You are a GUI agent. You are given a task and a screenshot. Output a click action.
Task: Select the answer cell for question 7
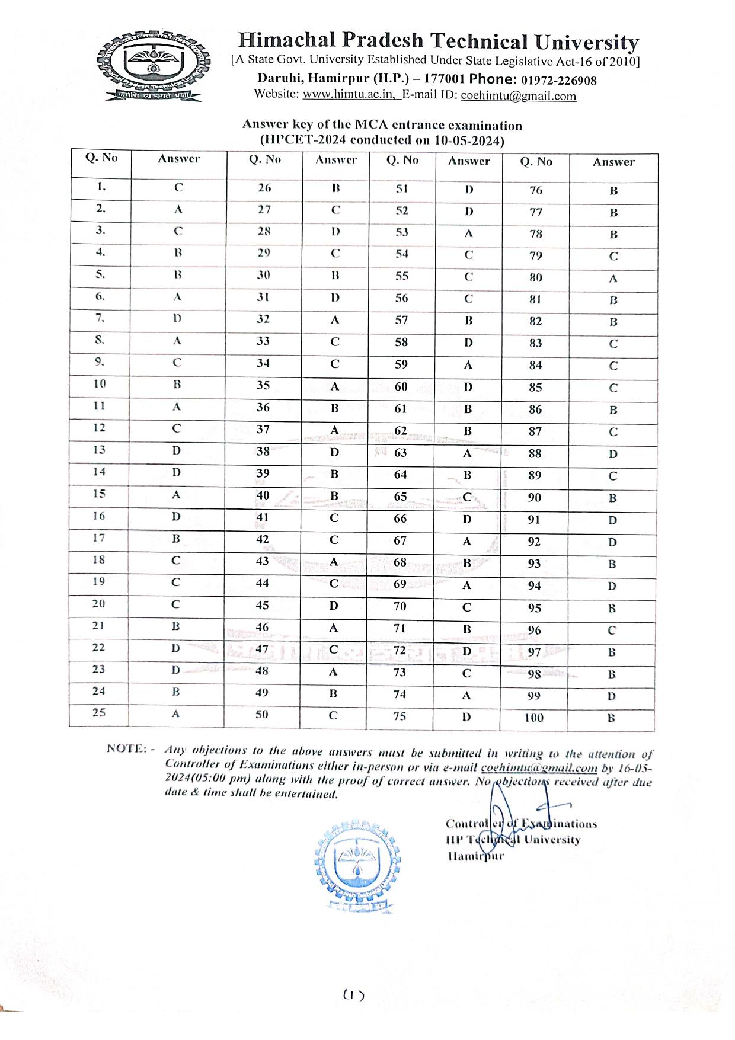(177, 318)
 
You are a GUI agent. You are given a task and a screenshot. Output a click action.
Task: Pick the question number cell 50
(262, 714)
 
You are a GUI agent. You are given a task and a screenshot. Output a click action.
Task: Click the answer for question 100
(611, 718)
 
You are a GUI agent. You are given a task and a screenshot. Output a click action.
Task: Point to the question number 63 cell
(401, 453)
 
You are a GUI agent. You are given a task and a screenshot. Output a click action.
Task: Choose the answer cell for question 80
(613, 279)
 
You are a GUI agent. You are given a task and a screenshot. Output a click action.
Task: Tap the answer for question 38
(335, 453)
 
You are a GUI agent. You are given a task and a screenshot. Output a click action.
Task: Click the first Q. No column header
(101, 158)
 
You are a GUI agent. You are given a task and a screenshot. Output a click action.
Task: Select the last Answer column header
(613, 162)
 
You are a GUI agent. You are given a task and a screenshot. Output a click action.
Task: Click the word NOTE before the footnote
(125, 748)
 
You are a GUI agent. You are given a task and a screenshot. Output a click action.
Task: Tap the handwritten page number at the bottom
(353, 995)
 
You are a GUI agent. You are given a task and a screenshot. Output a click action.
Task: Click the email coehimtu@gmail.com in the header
(518, 96)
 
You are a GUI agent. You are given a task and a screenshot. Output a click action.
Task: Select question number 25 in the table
(99, 712)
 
